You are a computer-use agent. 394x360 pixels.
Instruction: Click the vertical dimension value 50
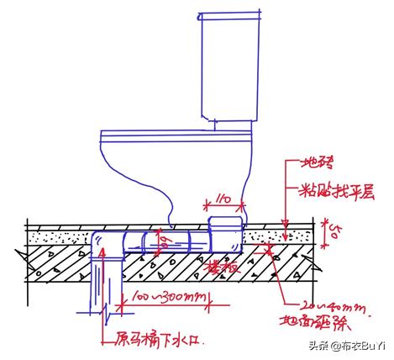334,230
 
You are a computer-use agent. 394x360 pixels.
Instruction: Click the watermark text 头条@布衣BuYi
345,346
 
